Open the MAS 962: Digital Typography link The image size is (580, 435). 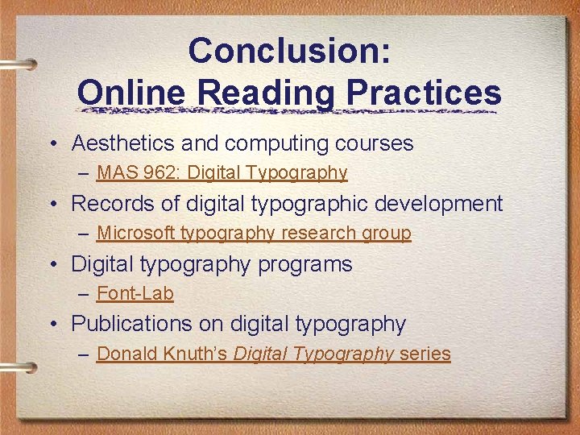222,172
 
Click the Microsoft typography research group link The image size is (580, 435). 254,233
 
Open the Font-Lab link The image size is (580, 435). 135,293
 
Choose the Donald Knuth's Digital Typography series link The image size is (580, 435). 273,354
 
